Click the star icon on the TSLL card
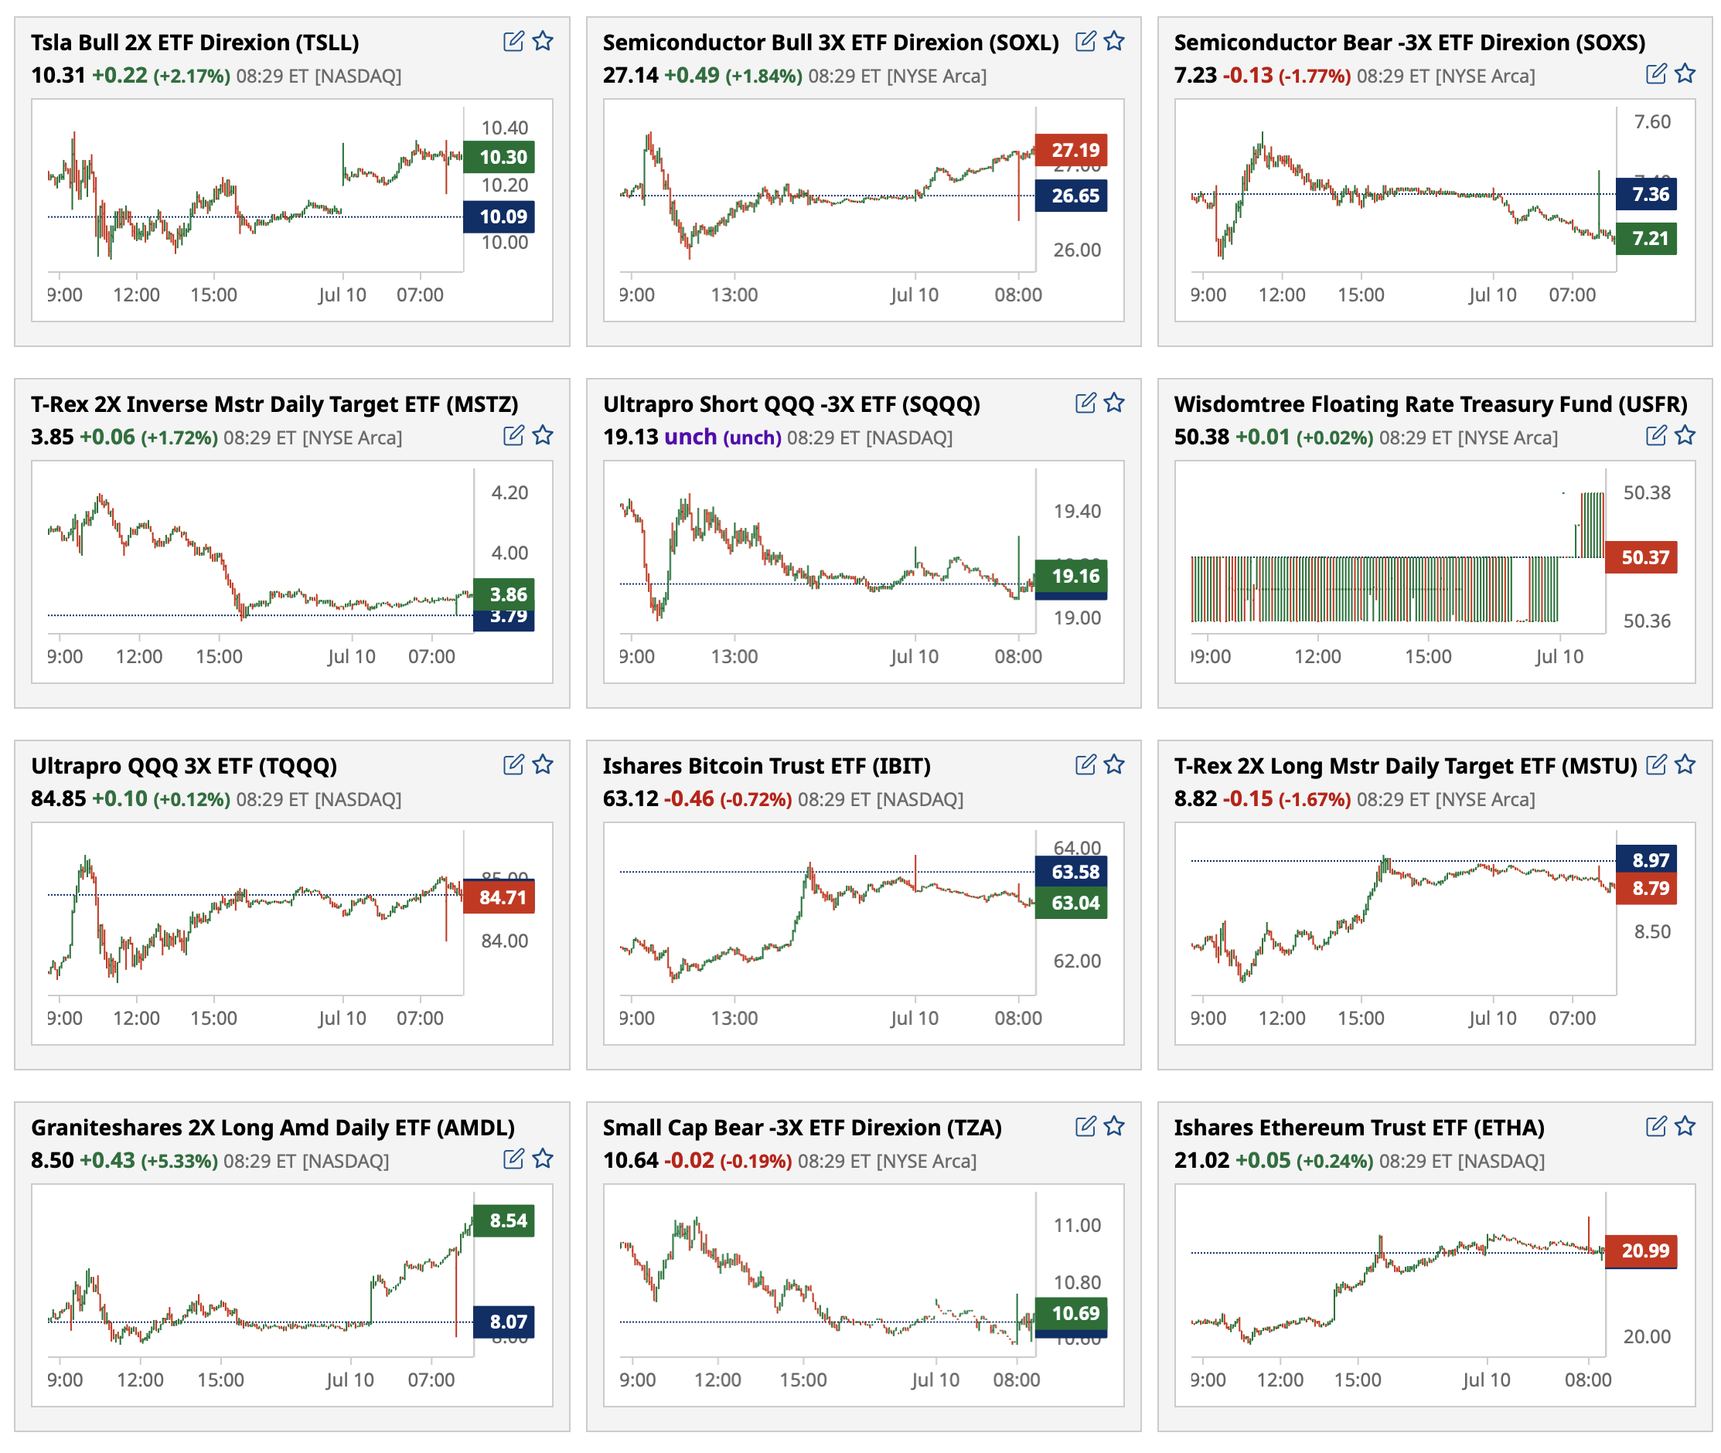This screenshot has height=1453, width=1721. (x=542, y=41)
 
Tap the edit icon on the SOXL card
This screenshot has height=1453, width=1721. (x=1085, y=41)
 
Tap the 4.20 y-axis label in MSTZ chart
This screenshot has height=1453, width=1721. (x=509, y=492)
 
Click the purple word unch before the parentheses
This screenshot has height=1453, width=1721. (x=690, y=437)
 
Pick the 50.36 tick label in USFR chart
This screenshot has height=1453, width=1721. (x=1646, y=621)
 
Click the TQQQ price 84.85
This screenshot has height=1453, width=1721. (x=58, y=798)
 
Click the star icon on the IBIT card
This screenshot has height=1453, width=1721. (x=1114, y=764)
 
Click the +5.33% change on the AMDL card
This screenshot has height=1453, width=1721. (x=179, y=1161)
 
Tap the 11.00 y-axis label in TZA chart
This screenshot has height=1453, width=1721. (x=1076, y=1225)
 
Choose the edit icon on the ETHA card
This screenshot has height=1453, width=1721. (x=1655, y=1126)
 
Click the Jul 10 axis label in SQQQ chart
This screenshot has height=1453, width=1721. (x=914, y=656)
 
